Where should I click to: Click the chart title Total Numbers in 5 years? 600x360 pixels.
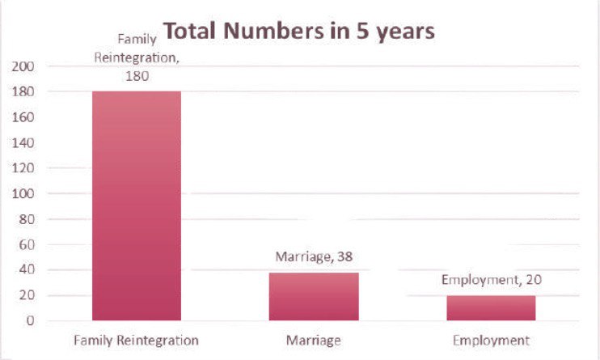coord(299,32)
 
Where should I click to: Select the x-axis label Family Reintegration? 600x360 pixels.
coord(137,340)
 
